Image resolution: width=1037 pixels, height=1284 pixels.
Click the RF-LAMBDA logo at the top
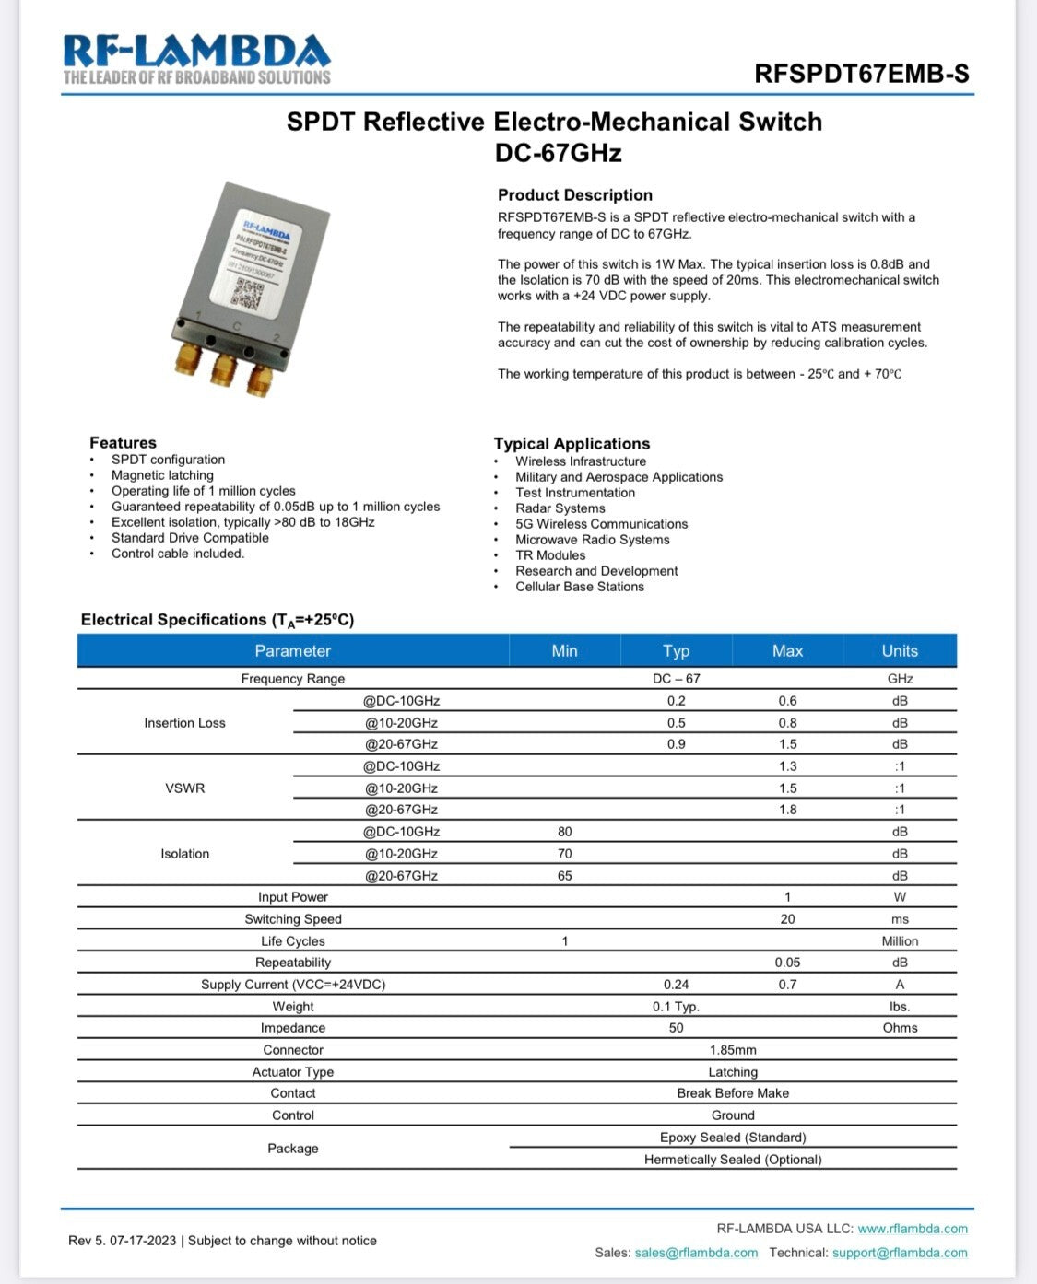click(196, 58)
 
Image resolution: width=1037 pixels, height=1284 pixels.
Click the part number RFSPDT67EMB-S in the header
click(861, 74)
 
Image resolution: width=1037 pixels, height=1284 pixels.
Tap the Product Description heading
click(574, 195)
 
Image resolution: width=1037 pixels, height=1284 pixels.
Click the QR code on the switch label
click(246, 292)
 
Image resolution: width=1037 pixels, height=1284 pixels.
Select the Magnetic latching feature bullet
click(162, 475)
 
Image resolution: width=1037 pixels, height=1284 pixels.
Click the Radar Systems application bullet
click(560, 508)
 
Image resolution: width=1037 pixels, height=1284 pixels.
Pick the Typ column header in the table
click(676, 651)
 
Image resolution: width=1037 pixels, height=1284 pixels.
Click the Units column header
click(900, 651)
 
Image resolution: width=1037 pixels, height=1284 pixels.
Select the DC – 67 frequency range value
click(676, 679)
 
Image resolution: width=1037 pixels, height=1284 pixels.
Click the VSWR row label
click(184, 788)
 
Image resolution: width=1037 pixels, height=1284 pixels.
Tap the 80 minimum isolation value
click(564, 832)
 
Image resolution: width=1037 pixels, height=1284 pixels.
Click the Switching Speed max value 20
click(787, 919)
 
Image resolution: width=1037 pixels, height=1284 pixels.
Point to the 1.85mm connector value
click(733, 1050)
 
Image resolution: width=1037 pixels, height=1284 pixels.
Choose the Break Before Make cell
click(733, 1093)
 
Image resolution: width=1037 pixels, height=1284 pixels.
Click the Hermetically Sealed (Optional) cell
click(733, 1160)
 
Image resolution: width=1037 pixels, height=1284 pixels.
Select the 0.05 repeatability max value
click(787, 963)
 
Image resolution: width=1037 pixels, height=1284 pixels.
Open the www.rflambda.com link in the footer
click(913, 1229)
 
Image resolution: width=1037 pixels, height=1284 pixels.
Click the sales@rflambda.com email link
click(696, 1253)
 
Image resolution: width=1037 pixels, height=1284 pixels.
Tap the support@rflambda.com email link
click(900, 1253)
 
